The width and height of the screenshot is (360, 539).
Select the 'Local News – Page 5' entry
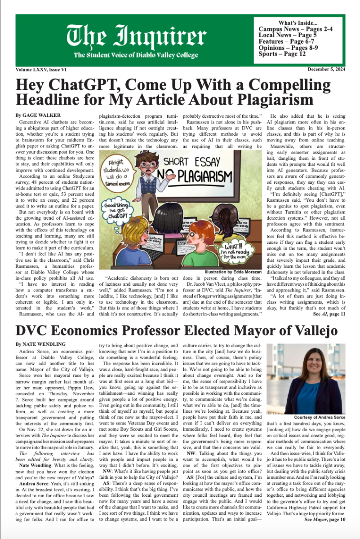click(x=288, y=35)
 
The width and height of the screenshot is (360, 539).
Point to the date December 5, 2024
click(x=327, y=69)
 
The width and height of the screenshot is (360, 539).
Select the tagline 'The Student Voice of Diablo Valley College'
click(x=136, y=55)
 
